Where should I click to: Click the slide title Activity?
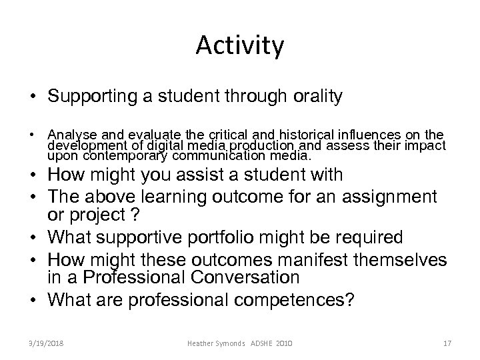click(x=240, y=46)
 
